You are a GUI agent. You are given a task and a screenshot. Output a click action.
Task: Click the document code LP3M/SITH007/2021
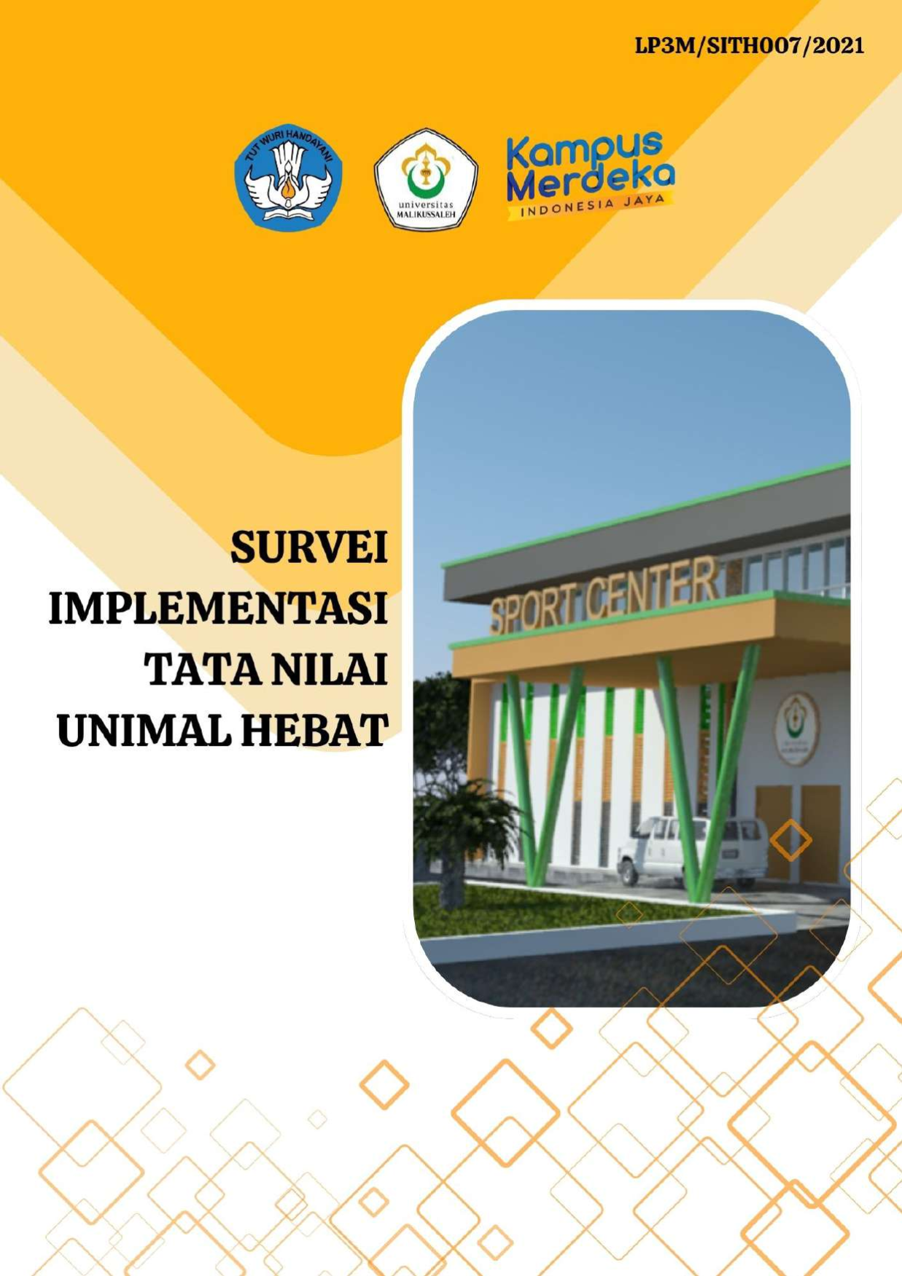coord(750,46)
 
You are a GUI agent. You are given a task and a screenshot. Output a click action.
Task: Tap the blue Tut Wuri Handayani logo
coord(288,177)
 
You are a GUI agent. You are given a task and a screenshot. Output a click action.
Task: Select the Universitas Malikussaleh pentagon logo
coord(426,179)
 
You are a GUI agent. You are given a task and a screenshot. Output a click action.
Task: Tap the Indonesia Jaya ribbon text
coord(591,206)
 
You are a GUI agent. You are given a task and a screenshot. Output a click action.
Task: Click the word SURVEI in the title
coord(309,547)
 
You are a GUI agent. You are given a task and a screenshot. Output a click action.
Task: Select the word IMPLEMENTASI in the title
coord(218,608)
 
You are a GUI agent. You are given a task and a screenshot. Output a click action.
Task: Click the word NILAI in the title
coord(324,669)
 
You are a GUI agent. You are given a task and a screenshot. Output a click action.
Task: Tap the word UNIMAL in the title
coord(145,731)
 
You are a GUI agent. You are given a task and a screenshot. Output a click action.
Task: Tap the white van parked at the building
coord(692,850)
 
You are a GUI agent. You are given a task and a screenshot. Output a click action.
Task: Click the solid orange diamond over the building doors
coord(791,840)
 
